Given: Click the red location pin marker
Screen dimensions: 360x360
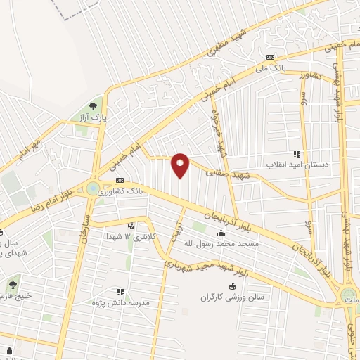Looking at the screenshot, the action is click(x=181, y=165).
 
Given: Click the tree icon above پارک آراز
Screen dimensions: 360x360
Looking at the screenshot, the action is click(x=94, y=106).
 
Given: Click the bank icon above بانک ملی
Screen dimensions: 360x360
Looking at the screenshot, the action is click(x=270, y=58).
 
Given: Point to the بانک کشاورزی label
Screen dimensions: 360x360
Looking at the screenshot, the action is click(x=121, y=191).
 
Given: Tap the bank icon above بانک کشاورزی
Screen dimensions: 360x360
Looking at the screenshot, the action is click(x=121, y=181).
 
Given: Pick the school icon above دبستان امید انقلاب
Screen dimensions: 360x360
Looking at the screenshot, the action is click(x=297, y=154).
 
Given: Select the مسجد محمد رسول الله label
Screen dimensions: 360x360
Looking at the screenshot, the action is click(x=221, y=243).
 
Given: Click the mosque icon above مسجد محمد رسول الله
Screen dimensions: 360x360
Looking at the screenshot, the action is click(x=221, y=233).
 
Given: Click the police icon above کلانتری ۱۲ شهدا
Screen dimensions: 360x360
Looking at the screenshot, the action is click(x=131, y=226).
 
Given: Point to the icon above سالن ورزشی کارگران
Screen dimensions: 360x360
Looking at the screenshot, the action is click(x=233, y=285).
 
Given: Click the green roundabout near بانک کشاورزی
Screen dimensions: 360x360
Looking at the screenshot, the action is click(x=93, y=188).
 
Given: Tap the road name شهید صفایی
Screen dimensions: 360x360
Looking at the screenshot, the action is click(x=233, y=171).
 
